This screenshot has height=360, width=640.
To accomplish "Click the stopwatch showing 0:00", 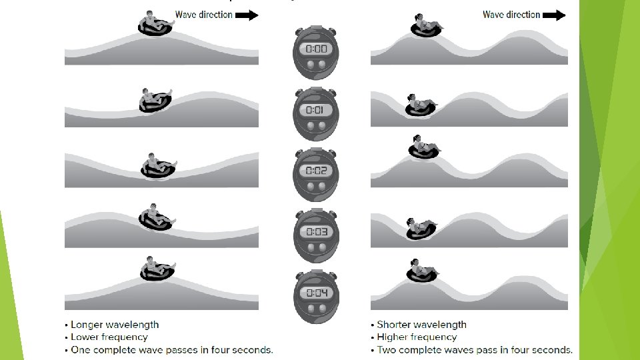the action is tap(315, 49).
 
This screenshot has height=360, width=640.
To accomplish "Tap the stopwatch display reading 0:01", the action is tap(315, 110).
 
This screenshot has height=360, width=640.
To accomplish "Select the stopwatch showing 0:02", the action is tap(315, 171).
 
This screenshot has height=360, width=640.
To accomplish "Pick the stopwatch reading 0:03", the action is tap(315, 231).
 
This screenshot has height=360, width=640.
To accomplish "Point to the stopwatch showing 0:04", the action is tap(315, 293).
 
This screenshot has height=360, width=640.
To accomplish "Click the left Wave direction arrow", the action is tap(247, 15).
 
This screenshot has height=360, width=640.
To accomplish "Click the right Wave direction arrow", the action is tap(554, 15).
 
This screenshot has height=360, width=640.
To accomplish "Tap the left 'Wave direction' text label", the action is tap(203, 15).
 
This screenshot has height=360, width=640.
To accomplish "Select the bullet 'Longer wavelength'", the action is tap(115, 325).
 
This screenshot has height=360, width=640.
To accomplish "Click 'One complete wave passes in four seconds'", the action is tap(172, 350).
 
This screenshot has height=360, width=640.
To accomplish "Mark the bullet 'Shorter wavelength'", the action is tap(421, 325).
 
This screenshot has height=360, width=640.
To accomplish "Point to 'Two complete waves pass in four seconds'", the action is tap(475, 350).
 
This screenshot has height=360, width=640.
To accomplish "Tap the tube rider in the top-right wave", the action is tap(426, 25).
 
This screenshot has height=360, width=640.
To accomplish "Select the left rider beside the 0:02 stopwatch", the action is tap(157, 165).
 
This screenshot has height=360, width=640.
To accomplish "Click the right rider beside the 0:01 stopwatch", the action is tap(421, 105).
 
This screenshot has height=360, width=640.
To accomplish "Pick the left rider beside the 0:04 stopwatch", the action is tap(157, 269).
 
